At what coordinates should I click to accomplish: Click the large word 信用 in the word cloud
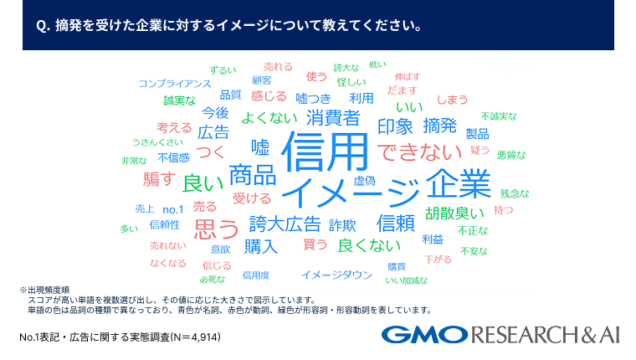(x=326, y=152)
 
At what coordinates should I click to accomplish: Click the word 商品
(x=252, y=175)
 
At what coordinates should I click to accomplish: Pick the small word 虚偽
(x=364, y=180)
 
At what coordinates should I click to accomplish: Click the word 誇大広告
(x=285, y=224)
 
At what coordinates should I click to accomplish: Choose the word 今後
(x=215, y=112)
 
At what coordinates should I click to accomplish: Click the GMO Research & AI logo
(x=500, y=336)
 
